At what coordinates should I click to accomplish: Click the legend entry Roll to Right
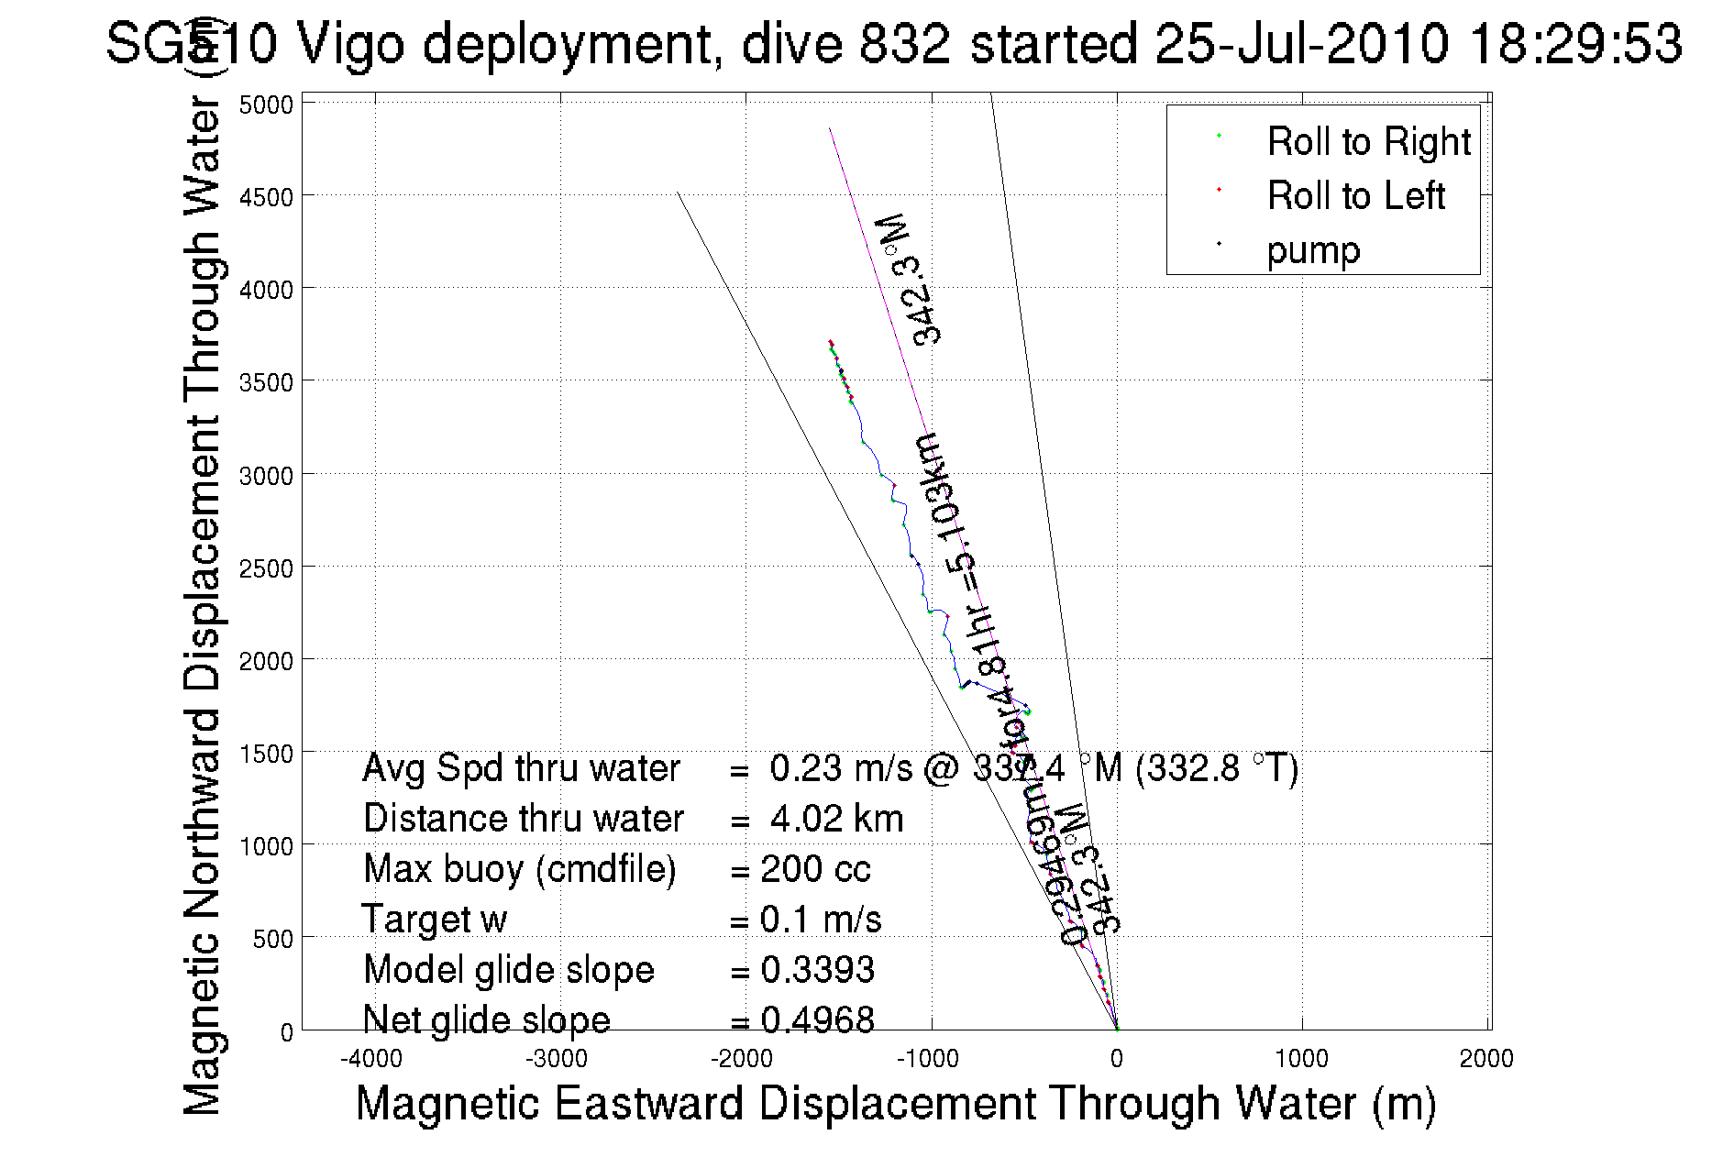(1368, 142)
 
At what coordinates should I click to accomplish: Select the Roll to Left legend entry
(1355, 196)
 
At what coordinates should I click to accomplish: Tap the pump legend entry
(1313, 250)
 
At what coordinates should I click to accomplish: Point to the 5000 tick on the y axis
(266, 105)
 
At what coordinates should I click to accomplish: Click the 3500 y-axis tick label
(266, 382)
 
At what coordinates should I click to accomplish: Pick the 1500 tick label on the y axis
(266, 754)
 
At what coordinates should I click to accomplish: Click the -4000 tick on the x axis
(371, 1059)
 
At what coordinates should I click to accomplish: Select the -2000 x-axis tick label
(742, 1059)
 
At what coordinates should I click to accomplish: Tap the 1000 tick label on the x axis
(1301, 1059)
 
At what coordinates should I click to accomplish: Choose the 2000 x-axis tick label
(1486, 1059)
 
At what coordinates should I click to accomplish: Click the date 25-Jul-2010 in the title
(1301, 43)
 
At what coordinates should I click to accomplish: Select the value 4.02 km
(836, 819)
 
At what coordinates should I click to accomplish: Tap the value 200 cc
(815, 869)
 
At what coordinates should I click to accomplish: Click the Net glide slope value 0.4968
(817, 1019)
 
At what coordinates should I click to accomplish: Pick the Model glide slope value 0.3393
(817, 970)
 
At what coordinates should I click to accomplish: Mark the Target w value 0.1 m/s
(820, 920)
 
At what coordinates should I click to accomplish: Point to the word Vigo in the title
(350, 43)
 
